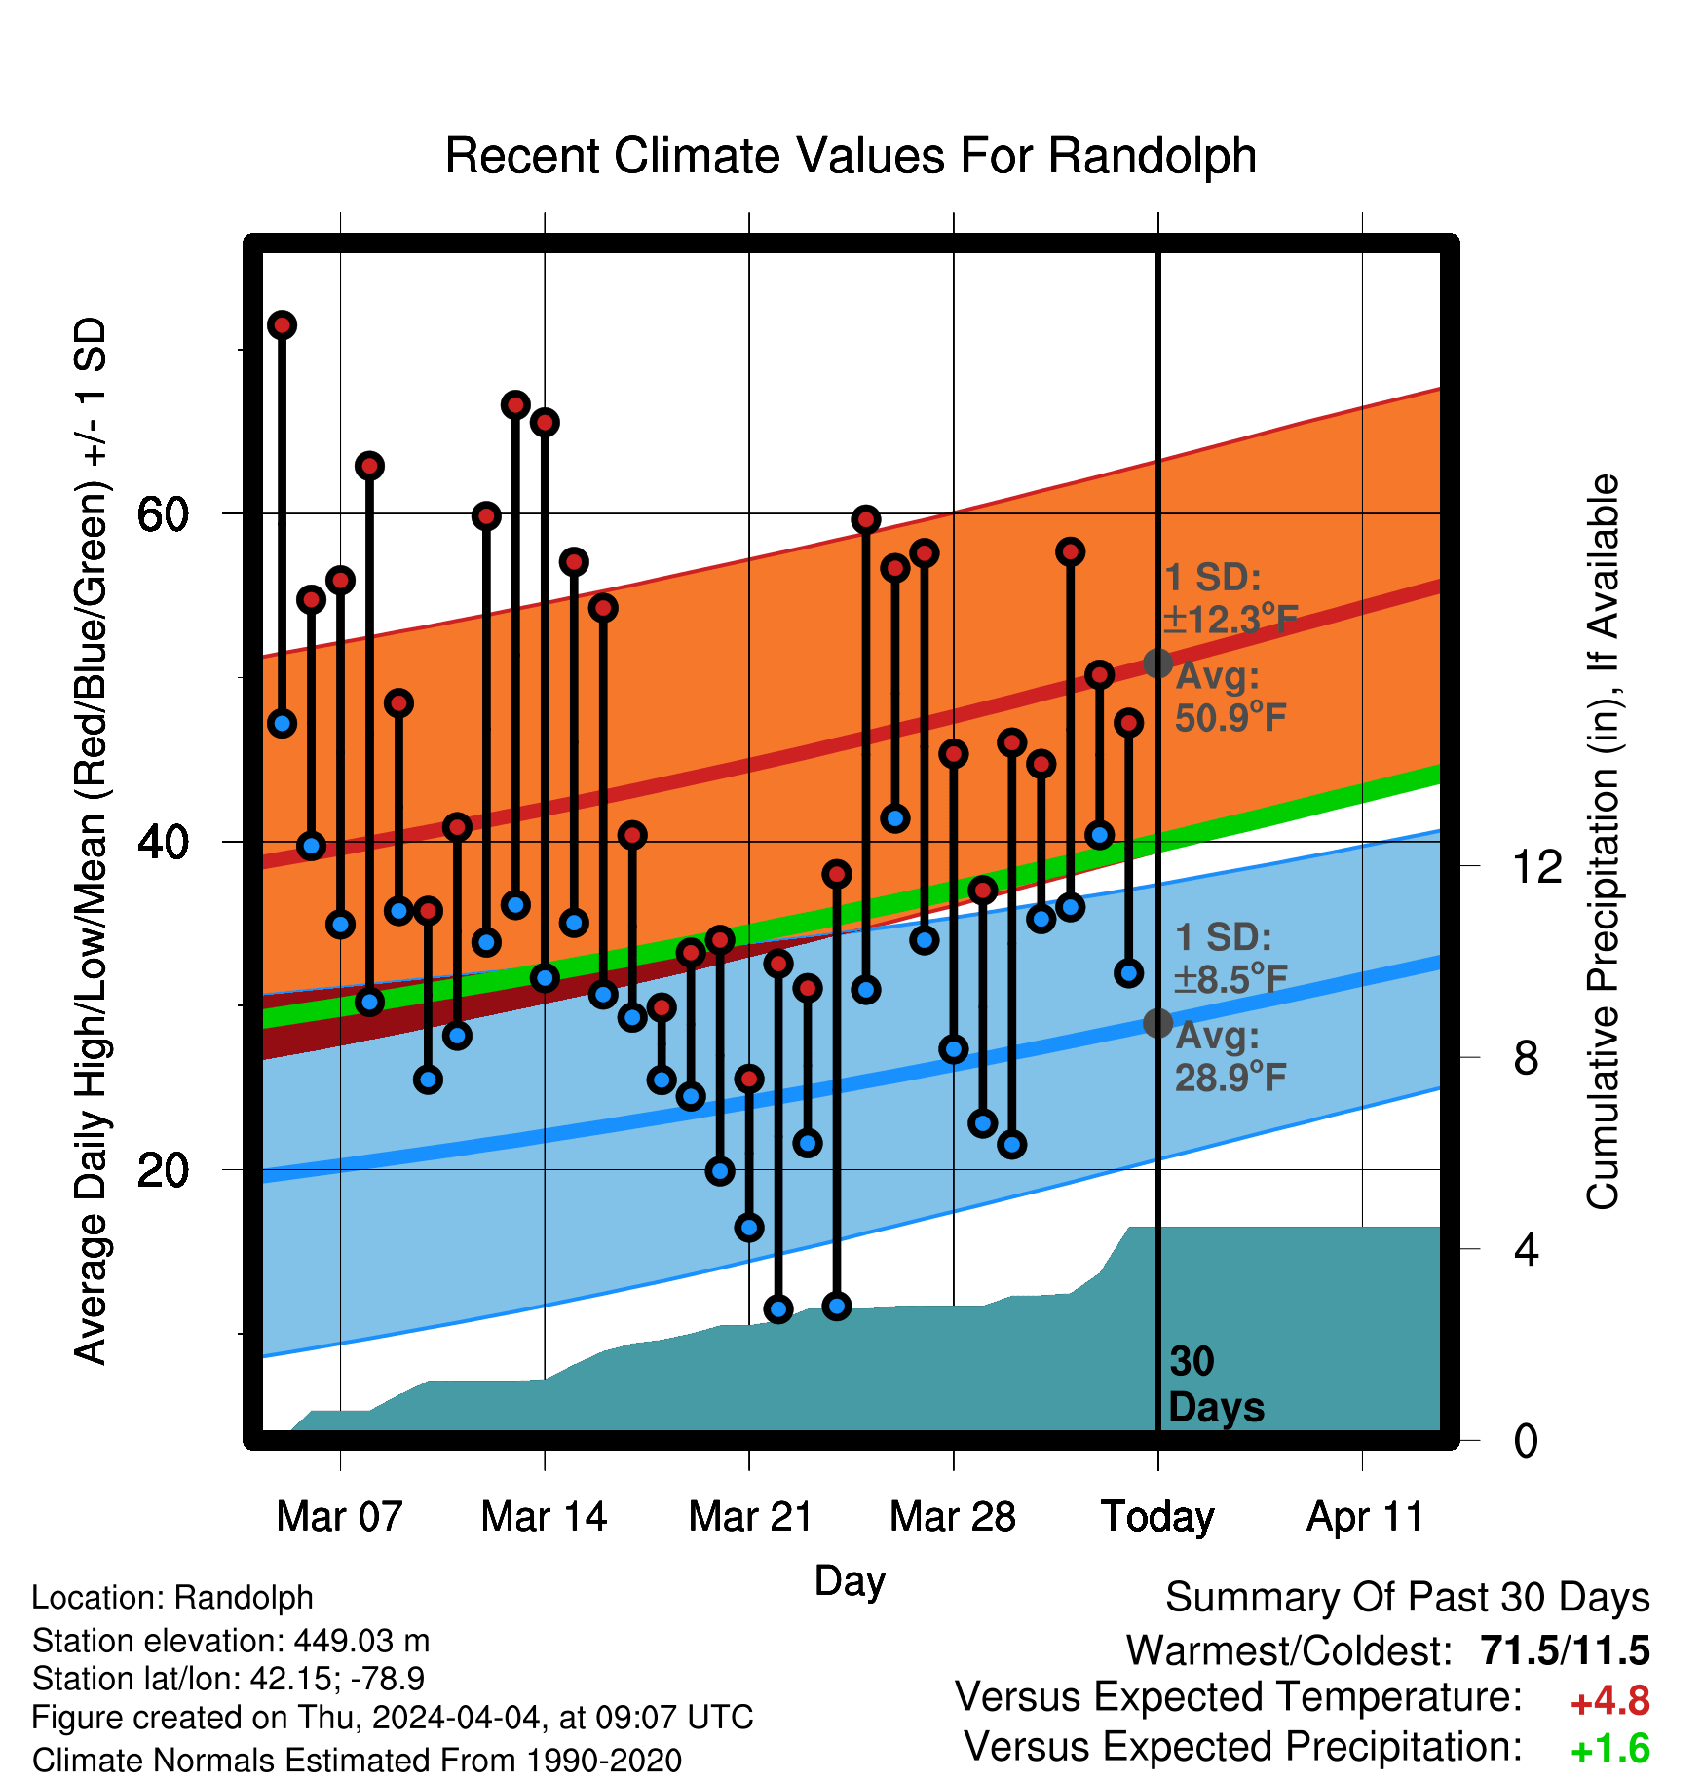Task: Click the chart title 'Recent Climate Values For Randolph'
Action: point(851,156)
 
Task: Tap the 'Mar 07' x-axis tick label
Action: point(339,1516)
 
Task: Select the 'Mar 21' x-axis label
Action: point(750,1516)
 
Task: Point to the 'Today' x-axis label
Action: point(1157,1518)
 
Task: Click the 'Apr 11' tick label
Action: point(1364,1518)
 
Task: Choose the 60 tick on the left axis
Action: point(164,513)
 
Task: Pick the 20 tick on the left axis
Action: point(164,1169)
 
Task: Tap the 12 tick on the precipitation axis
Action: point(1536,866)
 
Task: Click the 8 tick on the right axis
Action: point(1527,1057)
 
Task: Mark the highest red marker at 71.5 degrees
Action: point(283,325)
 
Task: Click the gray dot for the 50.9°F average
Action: point(1157,663)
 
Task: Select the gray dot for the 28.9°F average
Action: point(1157,1023)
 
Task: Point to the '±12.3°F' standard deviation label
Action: point(1230,619)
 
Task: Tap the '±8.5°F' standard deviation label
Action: point(1230,978)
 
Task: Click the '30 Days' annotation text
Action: point(1216,1384)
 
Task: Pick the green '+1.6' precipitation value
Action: point(1609,1749)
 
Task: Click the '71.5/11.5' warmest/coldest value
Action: point(1565,1650)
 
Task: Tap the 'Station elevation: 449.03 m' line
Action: point(231,1641)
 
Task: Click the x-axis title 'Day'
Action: point(850,1580)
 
